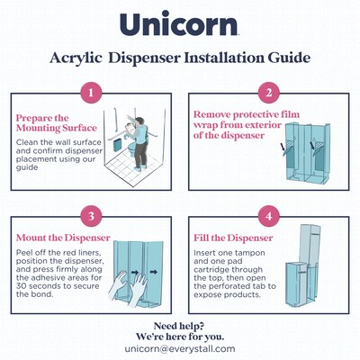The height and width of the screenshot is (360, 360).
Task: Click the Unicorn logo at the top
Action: (x=179, y=25)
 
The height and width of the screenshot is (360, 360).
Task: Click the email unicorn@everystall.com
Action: (x=179, y=346)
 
